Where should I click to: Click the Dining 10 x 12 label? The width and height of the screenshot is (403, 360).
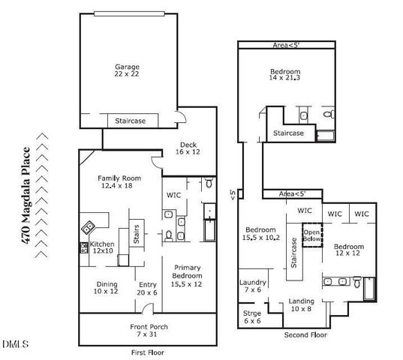(106, 289)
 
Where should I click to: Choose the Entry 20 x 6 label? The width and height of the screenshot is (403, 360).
(147, 289)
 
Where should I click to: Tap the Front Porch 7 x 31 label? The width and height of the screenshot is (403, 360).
(148, 331)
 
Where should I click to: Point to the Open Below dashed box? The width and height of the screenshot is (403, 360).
(311, 235)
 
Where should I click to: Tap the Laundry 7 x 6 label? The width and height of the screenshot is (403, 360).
(251, 286)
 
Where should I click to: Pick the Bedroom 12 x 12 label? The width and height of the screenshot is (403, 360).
(349, 250)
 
